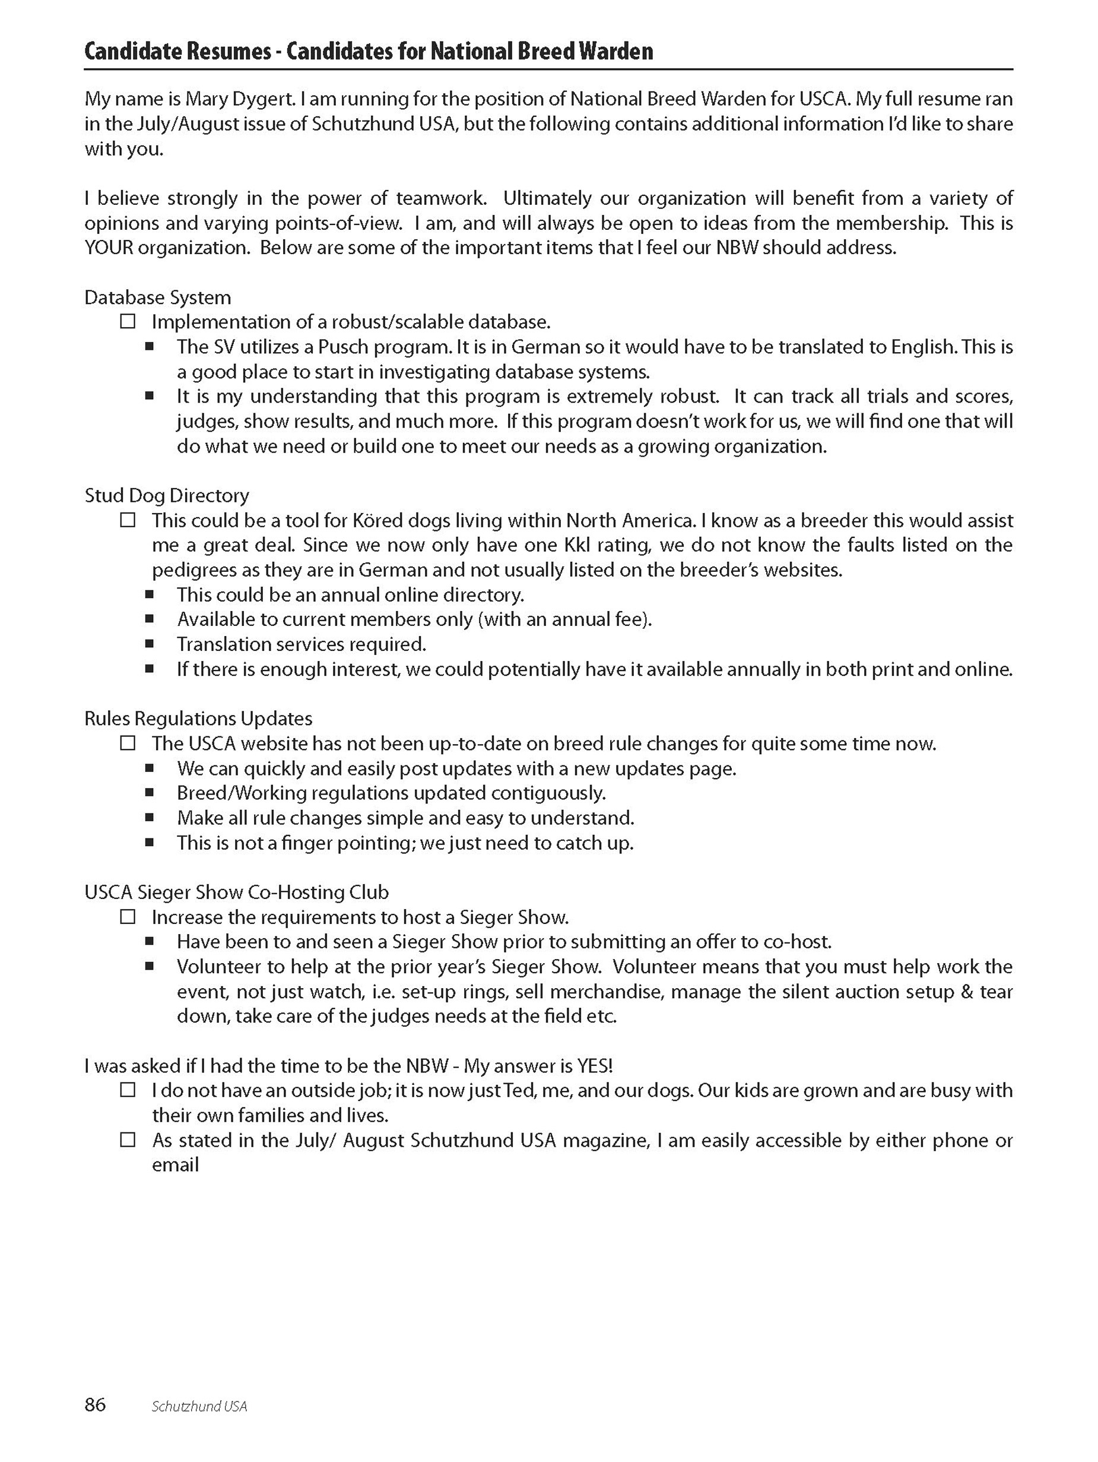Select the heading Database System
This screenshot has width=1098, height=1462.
click(x=158, y=298)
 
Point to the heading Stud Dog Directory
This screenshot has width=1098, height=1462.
click(x=167, y=495)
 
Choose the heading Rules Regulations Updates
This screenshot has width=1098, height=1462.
click(x=198, y=719)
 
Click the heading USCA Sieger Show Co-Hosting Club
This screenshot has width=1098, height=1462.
click(x=236, y=893)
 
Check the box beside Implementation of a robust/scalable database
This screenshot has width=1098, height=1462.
click(x=128, y=322)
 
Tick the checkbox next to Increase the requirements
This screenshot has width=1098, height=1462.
click(x=128, y=917)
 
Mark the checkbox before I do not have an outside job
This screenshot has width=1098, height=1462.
click(x=128, y=1090)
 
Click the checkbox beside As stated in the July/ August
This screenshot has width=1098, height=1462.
click(x=128, y=1140)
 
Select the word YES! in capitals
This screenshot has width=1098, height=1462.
click(x=595, y=1065)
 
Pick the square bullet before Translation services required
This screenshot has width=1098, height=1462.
click(x=150, y=644)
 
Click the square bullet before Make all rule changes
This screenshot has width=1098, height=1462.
click(x=150, y=818)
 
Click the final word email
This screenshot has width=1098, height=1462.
click(x=175, y=1165)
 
